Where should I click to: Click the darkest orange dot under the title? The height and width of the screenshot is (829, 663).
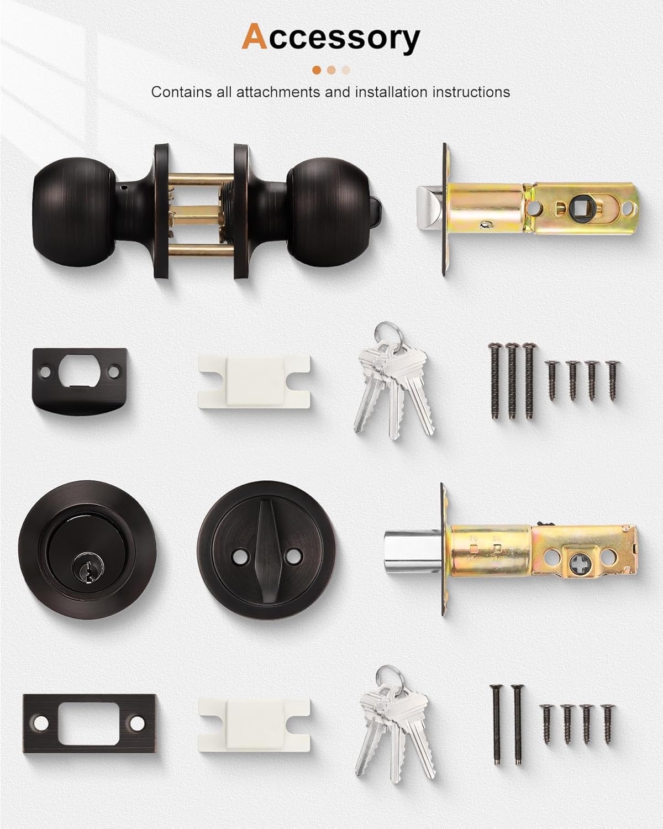317,70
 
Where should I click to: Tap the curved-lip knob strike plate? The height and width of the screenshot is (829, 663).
80,381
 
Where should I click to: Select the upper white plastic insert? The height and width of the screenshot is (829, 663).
254,381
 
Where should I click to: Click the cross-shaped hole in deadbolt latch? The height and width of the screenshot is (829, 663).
578,557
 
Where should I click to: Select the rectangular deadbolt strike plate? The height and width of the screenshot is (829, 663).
90,723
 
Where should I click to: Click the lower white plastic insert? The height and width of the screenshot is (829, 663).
254,725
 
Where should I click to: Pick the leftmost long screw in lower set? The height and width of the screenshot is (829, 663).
496,725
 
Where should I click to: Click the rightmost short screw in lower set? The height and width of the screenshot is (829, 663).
608,724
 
